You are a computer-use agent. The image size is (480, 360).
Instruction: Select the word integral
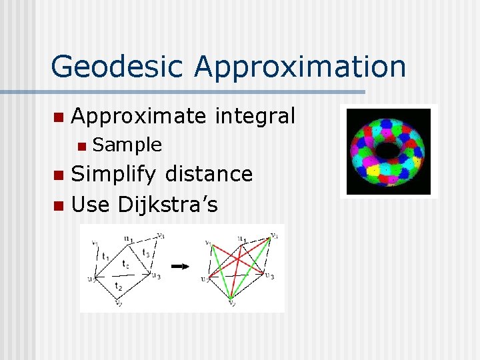255,116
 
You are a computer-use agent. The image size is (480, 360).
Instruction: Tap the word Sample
127,145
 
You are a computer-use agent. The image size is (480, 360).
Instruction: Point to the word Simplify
114,174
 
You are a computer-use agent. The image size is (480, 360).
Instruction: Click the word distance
208,174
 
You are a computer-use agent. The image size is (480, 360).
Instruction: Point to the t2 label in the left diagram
118,285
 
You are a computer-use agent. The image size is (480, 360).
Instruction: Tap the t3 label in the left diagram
146,253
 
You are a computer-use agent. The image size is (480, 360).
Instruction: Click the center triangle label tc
125,264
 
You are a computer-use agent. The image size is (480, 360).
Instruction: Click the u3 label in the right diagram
269,275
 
